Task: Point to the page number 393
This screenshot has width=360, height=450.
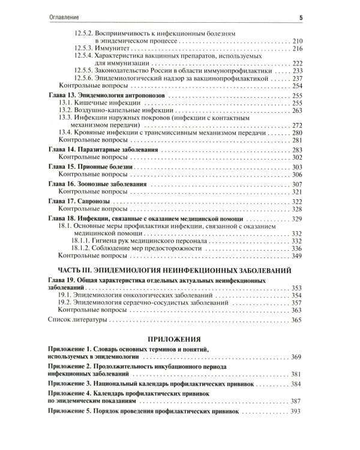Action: (295, 412)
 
